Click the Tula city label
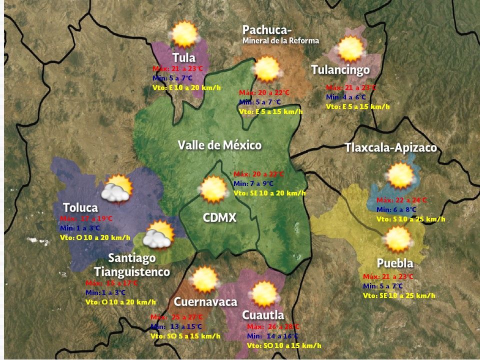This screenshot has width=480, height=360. [183, 57]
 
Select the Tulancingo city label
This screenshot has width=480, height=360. [340, 69]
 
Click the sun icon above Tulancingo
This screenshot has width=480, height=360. [350, 49]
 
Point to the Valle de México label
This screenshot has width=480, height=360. [219, 145]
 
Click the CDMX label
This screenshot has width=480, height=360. [219, 218]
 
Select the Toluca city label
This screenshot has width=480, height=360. [80, 207]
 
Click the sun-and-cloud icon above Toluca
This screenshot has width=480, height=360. [117, 188]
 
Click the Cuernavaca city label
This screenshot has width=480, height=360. [205, 302]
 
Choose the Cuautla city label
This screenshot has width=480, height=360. [263, 315]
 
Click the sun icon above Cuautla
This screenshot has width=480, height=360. [263, 294]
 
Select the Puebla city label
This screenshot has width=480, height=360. [395, 263]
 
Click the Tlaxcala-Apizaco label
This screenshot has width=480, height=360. [390, 148]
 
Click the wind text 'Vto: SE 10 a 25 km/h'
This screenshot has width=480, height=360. [399, 295]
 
